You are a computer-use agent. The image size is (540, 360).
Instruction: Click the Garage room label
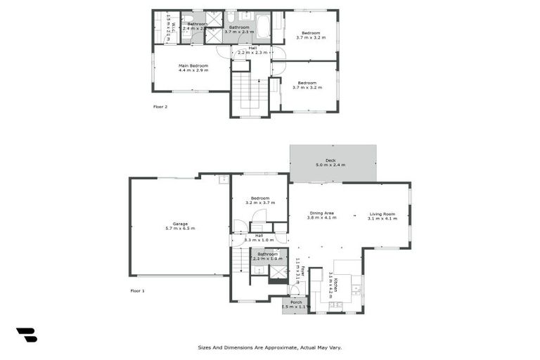[x=180, y=224]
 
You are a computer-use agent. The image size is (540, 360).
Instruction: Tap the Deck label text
[x=330, y=160]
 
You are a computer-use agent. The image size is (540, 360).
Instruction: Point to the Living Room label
[x=382, y=214]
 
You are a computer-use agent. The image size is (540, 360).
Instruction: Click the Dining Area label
[x=321, y=213]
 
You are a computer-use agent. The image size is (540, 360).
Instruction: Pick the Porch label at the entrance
[x=295, y=302]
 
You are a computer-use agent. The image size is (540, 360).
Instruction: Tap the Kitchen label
[x=336, y=285]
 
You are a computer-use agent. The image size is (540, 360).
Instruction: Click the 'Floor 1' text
[x=137, y=290]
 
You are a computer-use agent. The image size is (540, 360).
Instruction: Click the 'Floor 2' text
[x=160, y=107]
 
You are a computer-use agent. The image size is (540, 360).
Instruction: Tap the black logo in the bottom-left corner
[x=27, y=335]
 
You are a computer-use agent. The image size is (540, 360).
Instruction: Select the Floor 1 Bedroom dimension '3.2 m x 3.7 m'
[x=260, y=202]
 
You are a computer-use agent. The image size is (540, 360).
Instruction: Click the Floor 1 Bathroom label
[x=267, y=254]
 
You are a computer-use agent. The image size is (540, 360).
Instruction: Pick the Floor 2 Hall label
[x=252, y=48]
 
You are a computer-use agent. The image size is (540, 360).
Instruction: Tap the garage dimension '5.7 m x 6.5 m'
[x=180, y=229]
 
